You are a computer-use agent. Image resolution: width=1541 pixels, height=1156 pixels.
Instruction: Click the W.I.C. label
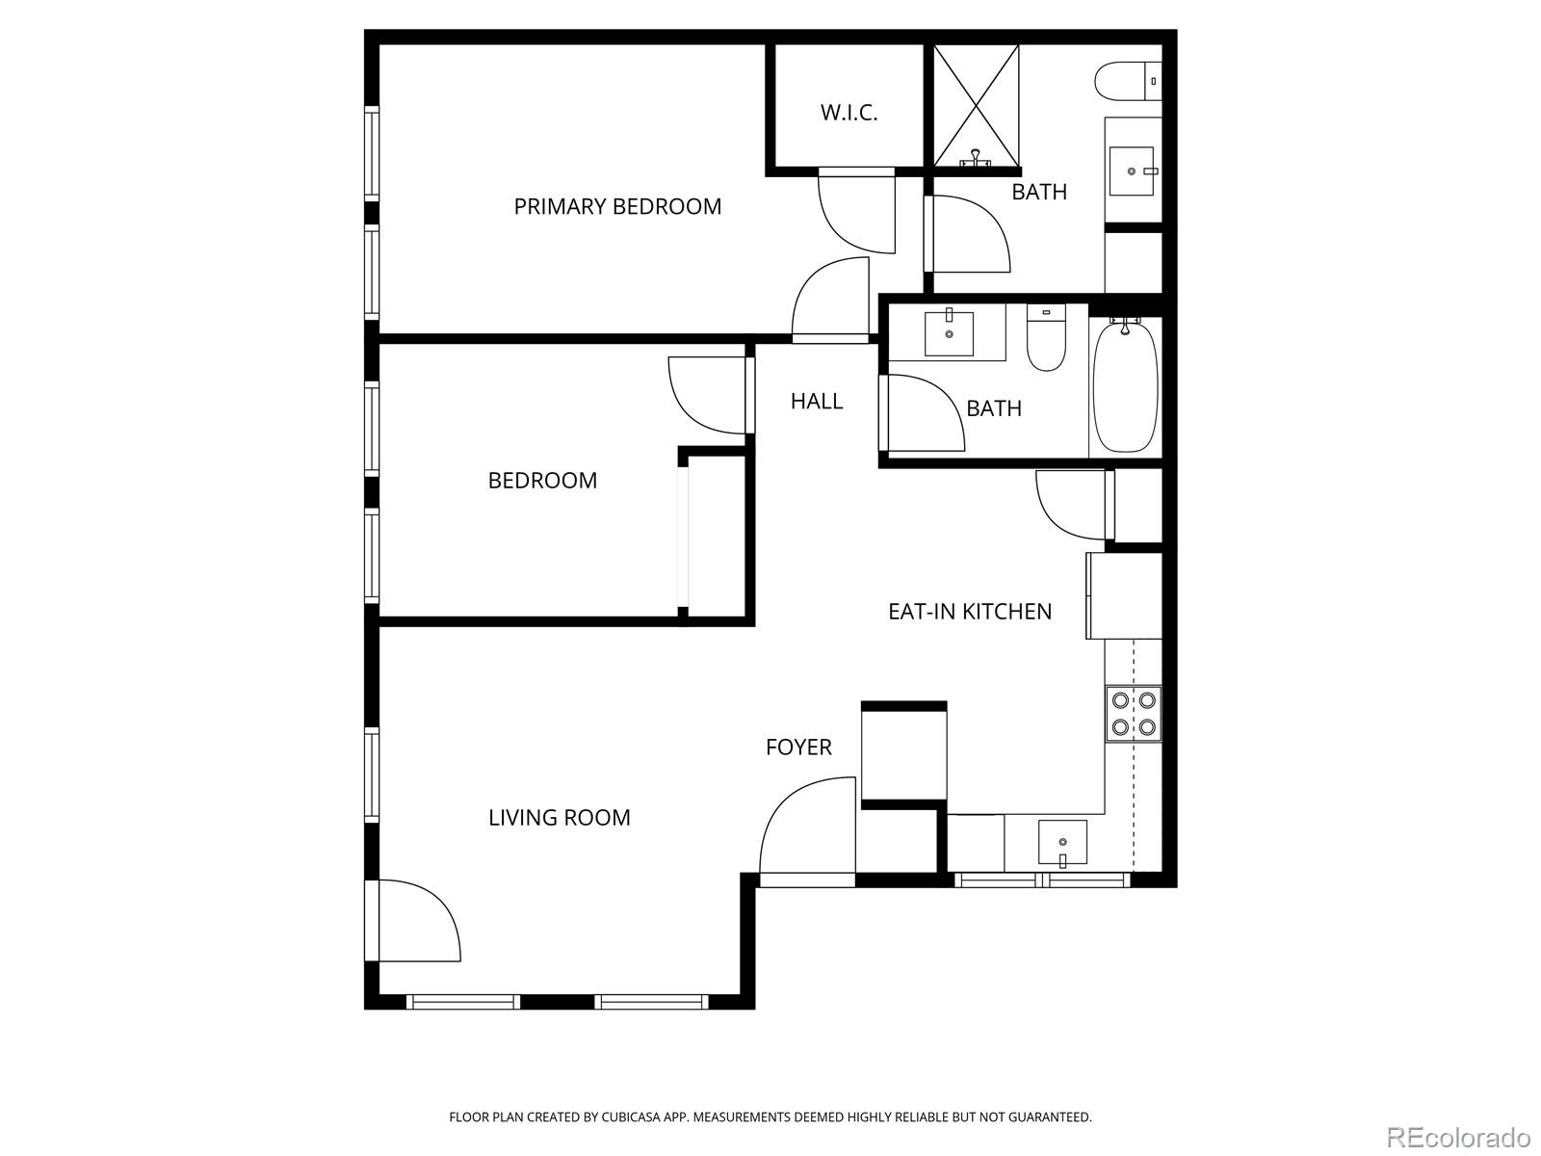[849, 113]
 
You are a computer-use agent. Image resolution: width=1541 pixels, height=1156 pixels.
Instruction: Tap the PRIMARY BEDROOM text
[617, 206]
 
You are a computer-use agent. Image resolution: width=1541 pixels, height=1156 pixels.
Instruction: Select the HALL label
[817, 401]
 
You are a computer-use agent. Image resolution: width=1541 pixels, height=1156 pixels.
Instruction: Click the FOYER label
[798, 747]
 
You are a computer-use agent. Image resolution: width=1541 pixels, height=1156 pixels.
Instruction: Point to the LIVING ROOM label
[559, 817]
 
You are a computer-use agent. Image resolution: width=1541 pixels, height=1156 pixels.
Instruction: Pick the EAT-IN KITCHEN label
[969, 611]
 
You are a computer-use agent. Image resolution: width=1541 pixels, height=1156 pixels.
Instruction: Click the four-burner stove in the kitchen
[1134, 713]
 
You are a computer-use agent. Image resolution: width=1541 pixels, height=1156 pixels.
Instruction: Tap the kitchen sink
[1062, 843]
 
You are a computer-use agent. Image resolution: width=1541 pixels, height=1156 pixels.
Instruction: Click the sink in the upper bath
[1132, 171]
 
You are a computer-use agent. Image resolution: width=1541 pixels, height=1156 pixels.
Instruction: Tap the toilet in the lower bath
[1046, 339]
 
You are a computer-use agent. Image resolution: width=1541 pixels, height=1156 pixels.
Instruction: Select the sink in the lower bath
[949, 332]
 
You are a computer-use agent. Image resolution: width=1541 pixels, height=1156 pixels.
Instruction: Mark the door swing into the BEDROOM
[708, 395]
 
